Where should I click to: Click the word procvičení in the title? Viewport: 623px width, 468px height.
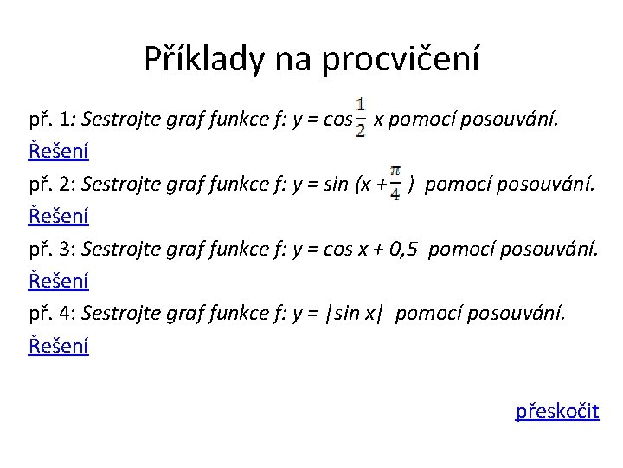tap(400, 60)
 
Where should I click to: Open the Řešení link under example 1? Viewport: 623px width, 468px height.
tap(59, 151)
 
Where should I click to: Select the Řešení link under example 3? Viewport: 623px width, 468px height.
tap(59, 281)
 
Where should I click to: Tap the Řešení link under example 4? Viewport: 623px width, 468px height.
tap(59, 346)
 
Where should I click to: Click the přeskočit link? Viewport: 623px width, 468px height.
tap(557, 410)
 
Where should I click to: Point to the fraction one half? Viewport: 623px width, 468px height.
tap(360, 120)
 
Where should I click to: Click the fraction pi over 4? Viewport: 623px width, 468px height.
tap(395, 183)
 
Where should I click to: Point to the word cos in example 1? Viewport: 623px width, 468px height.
tap(336, 119)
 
